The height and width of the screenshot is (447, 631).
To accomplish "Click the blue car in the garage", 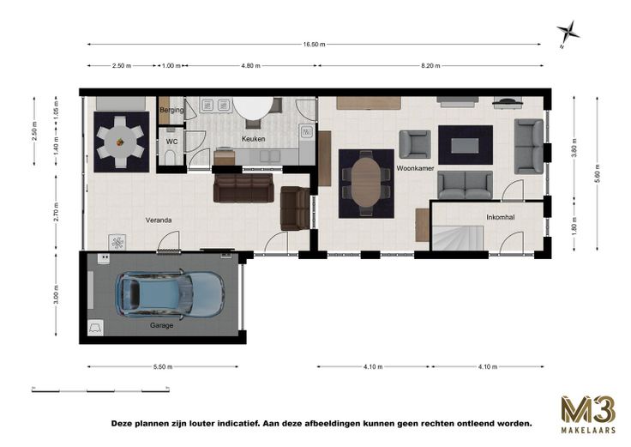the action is (170, 293).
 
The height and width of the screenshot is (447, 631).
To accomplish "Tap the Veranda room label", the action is (159, 220).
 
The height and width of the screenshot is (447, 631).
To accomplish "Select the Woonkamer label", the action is (415, 168).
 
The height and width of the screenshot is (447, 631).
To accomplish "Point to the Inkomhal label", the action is (501, 217).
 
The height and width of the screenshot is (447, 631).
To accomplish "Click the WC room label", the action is (171, 142).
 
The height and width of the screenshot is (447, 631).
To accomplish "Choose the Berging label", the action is (171, 110).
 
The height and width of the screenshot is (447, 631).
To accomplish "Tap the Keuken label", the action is (253, 139).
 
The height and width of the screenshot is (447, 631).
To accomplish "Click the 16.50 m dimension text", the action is (315, 45).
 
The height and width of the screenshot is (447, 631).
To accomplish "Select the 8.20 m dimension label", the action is (430, 66).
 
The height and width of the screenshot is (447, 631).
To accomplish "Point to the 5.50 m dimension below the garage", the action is (163, 367).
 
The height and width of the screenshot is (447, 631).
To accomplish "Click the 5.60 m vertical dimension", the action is (598, 173).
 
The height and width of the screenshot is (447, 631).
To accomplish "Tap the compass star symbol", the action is (568, 33).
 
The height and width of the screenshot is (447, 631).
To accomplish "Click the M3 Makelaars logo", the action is (588, 414).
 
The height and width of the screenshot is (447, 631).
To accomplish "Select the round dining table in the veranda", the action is (121, 142).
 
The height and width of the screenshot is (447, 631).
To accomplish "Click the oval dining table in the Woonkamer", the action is (366, 182).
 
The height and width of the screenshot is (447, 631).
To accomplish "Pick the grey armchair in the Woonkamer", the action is (415, 144).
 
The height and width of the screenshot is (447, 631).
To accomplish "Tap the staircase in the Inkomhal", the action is (458, 238).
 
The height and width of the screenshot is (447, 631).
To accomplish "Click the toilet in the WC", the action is (171, 158).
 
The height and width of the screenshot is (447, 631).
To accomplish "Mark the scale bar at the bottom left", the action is (100, 390).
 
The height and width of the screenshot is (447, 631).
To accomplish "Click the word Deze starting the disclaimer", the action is (123, 424).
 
